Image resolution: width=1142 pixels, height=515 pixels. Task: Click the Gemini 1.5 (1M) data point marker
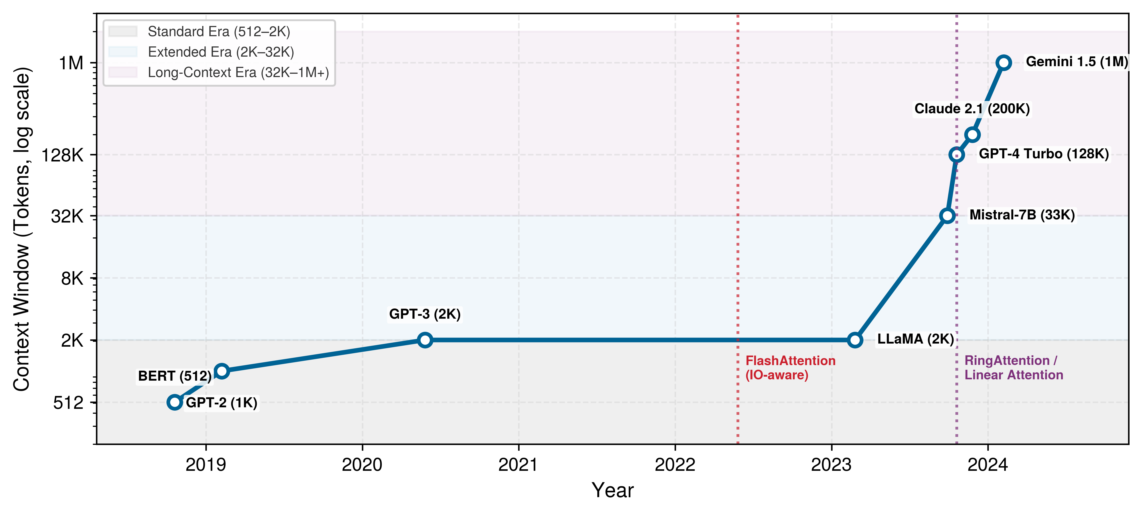(x=1004, y=63)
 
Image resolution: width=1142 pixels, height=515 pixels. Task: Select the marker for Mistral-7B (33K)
(x=947, y=216)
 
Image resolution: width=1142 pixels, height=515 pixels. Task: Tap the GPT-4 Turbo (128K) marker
(x=957, y=154)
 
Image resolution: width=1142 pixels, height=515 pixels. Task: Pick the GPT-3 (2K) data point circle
(x=425, y=340)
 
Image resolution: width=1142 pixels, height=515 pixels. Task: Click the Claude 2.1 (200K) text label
(x=972, y=109)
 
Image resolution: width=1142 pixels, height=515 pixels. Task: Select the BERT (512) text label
(x=175, y=376)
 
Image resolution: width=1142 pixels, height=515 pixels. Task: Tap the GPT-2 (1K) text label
(x=222, y=403)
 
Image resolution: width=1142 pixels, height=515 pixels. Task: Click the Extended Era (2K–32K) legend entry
(x=201, y=52)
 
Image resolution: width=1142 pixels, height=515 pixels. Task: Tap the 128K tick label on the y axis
(x=63, y=155)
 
